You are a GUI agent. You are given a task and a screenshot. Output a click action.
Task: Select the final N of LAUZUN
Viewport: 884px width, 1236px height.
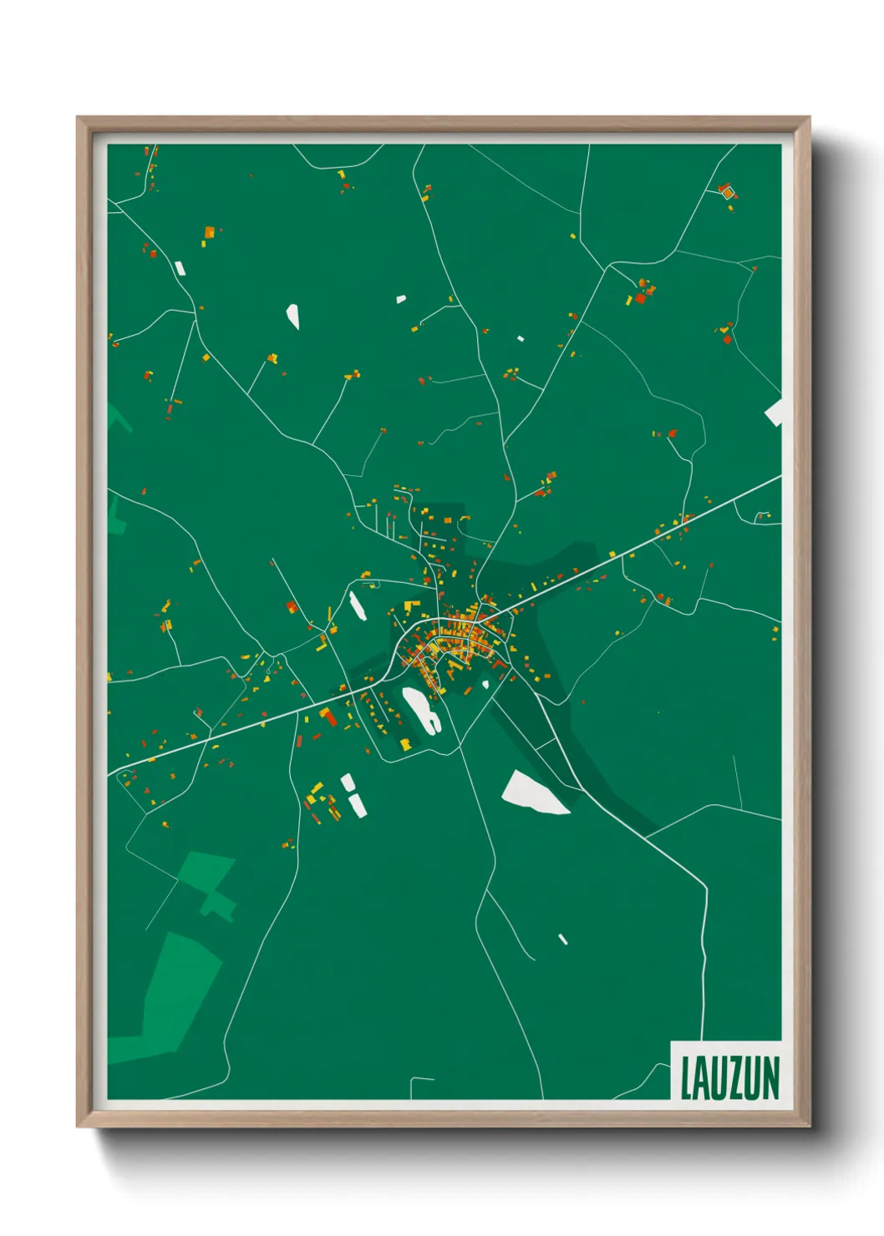coord(771,1078)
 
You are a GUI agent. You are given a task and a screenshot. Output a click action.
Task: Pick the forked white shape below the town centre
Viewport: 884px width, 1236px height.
coord(421,709)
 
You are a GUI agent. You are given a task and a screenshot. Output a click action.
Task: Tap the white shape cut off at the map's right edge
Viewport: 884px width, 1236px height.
coord(775,413)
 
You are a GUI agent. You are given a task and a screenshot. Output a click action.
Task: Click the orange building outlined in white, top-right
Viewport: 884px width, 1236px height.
coord(727,192)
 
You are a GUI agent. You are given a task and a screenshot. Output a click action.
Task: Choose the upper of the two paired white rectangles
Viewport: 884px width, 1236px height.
coord(347,783)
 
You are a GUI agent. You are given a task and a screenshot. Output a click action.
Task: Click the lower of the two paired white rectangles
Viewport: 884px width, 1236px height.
coord(357,805)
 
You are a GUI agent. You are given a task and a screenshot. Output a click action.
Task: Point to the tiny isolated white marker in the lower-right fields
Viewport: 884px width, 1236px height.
coord(563,940)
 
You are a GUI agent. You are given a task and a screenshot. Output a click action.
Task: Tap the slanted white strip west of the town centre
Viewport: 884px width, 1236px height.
coord(358,605)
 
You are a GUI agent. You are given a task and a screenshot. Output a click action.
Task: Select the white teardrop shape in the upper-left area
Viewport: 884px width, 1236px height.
coord(292,316)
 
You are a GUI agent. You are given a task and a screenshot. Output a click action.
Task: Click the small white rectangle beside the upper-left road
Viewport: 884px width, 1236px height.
coord(180,268)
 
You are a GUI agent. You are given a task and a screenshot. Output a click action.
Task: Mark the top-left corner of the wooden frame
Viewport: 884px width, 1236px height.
coord(79,119)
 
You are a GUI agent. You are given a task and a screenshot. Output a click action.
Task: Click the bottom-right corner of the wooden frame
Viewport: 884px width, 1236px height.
coord(809,1125)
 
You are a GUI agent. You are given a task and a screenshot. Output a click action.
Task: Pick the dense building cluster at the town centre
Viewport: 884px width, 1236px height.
coord(455,639)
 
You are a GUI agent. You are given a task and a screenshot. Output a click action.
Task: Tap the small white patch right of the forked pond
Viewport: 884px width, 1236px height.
coord(485,685)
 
